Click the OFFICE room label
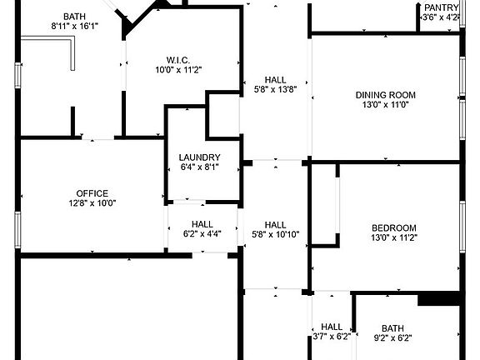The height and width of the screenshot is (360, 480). click(x=92, y=193)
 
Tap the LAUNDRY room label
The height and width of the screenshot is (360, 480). click(x=200, y=157)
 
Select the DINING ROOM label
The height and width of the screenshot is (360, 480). click(x=386, y=95)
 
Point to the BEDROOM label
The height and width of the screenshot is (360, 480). click(x=394, y=228)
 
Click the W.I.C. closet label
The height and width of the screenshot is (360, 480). click(x=178, y=60)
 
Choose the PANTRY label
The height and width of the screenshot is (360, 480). click(x=442, y=7)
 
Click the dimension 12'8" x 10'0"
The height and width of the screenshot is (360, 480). click(x=92, y=203)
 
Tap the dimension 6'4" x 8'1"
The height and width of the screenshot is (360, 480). click(x=200, y=167)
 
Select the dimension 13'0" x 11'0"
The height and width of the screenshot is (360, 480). click(x=386, y=105)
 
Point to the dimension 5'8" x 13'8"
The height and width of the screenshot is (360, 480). click(x=276, y=90)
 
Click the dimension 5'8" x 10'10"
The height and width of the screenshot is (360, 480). click(x=276, y=235)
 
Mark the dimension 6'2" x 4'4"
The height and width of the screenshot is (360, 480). click(x=202, y=234)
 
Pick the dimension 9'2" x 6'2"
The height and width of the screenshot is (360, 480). click(x=392, y=338)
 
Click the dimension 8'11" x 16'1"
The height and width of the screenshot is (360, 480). click(x=75, y=27)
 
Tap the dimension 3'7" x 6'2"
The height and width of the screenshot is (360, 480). click(x=332, y=337)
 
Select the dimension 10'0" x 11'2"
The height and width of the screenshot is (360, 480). click(x=178, y=70)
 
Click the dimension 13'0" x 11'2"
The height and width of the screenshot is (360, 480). click(x=394, y=237)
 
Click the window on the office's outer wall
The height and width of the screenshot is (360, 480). click(x=17, y=230)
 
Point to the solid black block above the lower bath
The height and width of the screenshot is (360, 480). click(x=439, y=299)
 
